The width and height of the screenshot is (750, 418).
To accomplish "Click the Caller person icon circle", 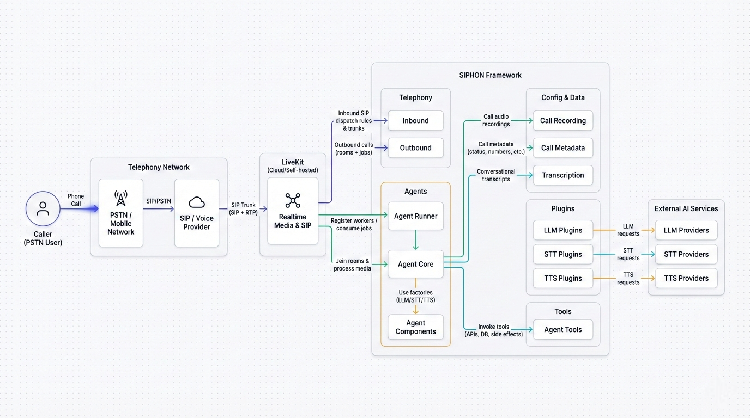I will point(43,209).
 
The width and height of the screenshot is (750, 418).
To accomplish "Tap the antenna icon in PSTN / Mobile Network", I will point(120,198).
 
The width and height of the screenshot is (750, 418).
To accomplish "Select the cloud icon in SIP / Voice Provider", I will point(197,202).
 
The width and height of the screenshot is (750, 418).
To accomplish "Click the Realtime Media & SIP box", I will point(293,211).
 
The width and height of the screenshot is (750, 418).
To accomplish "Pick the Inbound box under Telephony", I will point(415,121).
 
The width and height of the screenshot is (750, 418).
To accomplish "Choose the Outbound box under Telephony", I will point(415,148).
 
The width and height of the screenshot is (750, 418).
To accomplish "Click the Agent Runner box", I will point(415,216).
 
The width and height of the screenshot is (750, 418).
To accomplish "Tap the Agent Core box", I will point(415,264).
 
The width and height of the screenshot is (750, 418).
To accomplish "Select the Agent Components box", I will point(415,327).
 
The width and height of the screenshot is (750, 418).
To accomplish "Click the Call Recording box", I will point(562,121).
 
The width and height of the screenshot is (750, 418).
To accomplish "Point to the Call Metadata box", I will point(562,148).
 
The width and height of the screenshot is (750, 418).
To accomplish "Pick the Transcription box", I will point(562,175).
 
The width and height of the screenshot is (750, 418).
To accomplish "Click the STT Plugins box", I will point(562,254).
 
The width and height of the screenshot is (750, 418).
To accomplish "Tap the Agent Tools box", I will point(562,329).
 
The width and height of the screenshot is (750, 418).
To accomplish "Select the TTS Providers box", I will point(686,278).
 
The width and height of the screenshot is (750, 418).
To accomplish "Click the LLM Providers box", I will point(686,230).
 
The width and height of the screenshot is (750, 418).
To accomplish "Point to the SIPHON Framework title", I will point(490,75).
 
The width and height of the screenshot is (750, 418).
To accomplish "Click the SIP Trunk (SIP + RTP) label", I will point(243,209).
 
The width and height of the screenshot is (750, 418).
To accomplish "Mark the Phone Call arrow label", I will point(76,200).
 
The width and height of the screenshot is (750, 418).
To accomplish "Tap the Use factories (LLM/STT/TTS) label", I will point(415,296).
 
